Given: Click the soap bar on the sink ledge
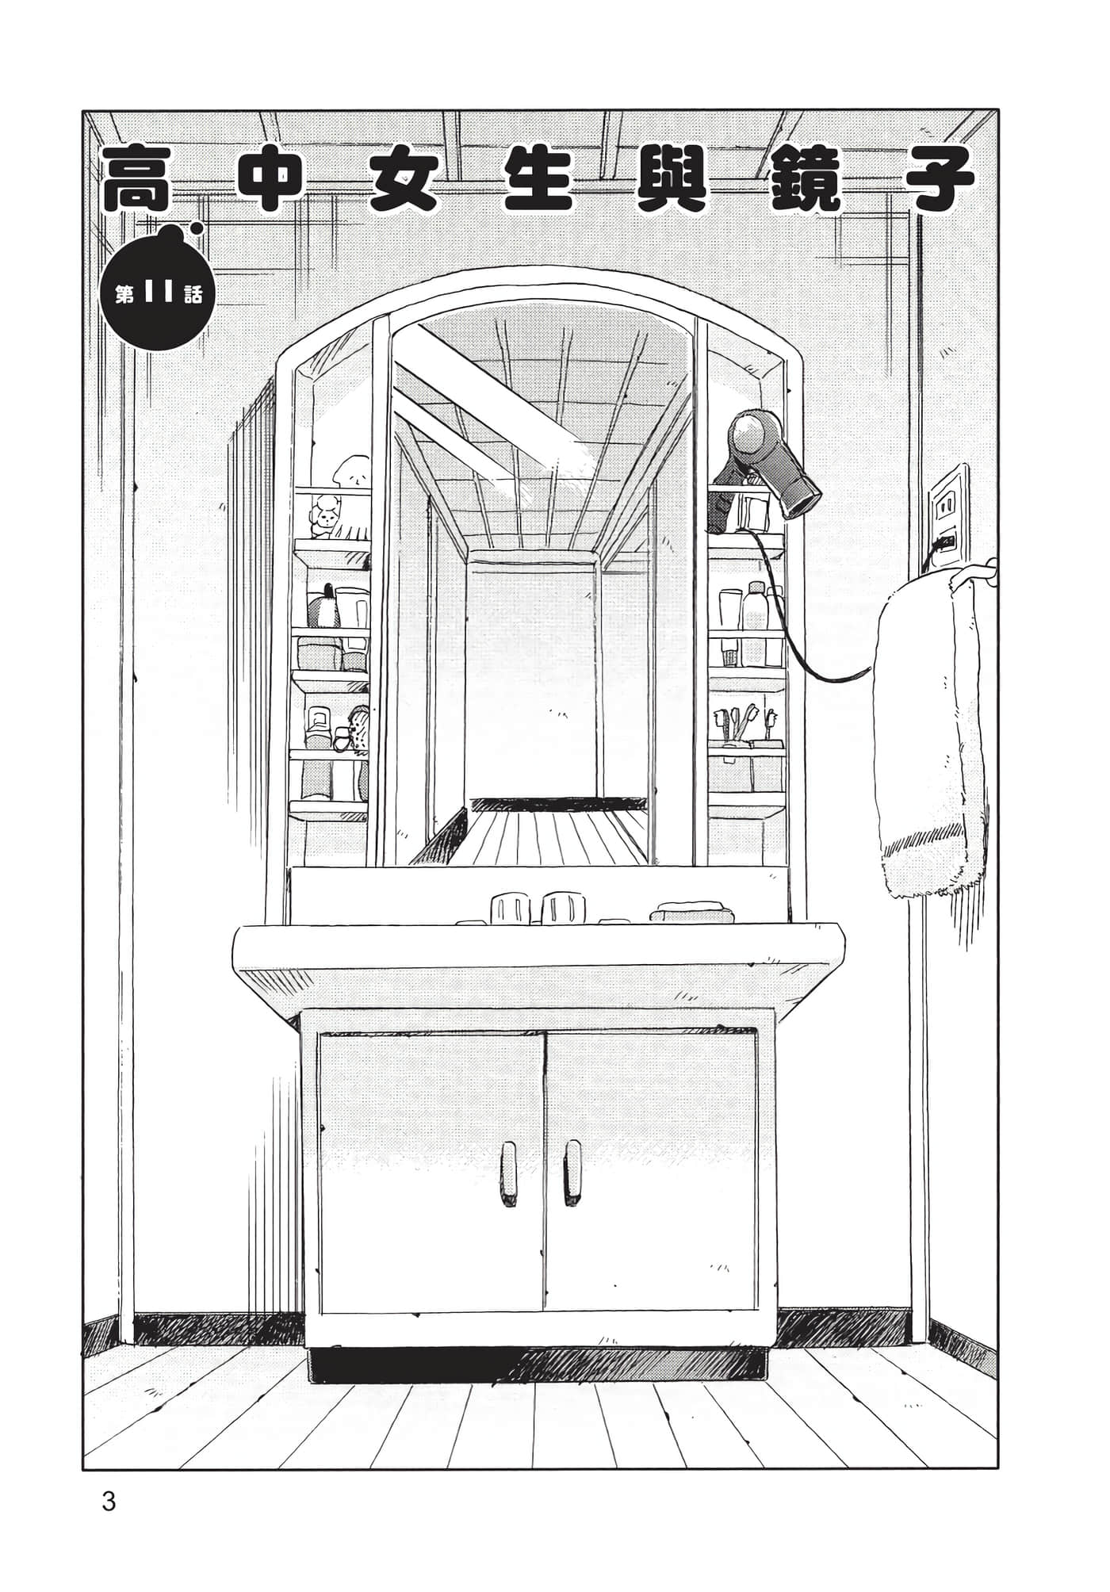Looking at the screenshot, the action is [689, 912].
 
